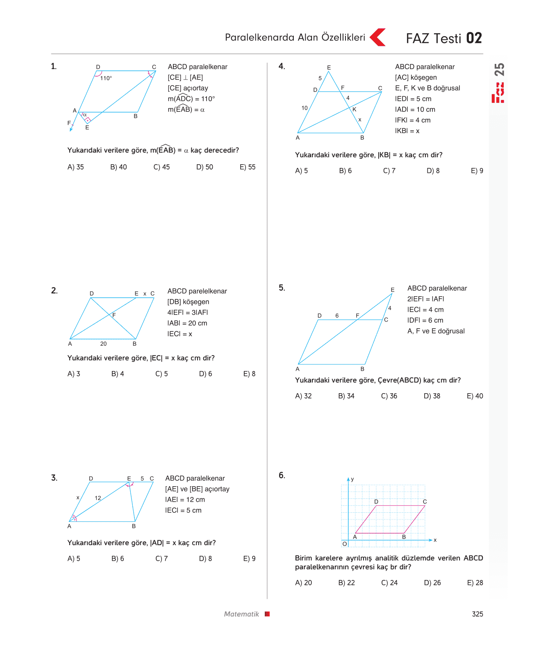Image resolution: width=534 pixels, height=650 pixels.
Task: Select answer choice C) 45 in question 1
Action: coord(161,167)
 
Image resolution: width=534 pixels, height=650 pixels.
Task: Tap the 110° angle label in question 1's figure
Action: coord(106,78)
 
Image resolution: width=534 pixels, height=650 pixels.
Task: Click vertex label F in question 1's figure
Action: coord(69,123)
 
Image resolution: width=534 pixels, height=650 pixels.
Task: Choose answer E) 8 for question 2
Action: coord(249,374)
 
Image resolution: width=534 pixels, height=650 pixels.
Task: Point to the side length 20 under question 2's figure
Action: coord(103,344)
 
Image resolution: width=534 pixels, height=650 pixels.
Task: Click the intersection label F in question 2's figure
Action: coord(114,315)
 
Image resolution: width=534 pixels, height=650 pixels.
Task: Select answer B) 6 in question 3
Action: coord(118,559)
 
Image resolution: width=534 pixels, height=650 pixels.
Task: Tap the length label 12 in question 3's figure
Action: coord(98,498)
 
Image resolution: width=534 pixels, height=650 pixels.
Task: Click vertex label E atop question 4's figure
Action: coord(329,68)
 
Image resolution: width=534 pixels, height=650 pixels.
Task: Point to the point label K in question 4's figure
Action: coord(354,109)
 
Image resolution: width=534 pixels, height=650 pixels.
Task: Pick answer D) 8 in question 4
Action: coord(433,171)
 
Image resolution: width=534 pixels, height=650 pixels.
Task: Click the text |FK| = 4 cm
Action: coord(413,120)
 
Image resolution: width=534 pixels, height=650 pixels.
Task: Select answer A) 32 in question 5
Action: coord(303,396)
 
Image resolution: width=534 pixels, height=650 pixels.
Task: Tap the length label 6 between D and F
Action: coord(337,316)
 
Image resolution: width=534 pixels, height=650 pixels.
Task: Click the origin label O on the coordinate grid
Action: coord(345,544)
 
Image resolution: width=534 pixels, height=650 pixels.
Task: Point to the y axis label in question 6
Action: coord(352,479)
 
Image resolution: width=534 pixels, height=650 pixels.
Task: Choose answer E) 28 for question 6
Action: coord(475,583)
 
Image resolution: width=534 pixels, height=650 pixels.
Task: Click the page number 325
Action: coord(477,614)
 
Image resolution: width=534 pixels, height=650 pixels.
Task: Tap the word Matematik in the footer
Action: coord(241,614)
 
